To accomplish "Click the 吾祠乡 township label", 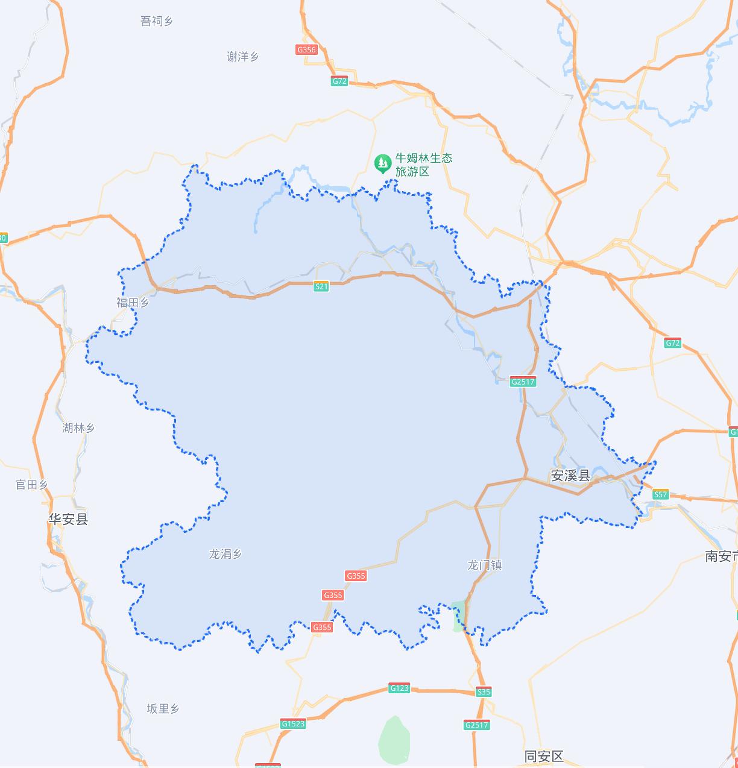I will tap(156, 22).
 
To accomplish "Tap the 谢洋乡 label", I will tap(242, 57).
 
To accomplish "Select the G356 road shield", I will tap(307, 49).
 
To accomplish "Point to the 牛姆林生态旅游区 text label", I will tap(423, 165).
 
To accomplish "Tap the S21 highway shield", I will tap(321, 286).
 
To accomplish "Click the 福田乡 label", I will tap(133, 303).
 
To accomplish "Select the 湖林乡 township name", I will tap(78, 428).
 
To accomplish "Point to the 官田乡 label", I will tap(31, 485).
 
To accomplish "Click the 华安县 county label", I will tap(68, 519).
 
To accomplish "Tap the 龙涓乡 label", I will tap(225, 554).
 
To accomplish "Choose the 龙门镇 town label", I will tap(485, 565).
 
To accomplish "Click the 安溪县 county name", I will tap(570, 476).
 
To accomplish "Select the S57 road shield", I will tap(661, 494).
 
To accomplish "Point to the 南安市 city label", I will tap(721, 556).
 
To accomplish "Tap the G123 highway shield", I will tap(399, 688).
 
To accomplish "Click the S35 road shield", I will tap(484, 692).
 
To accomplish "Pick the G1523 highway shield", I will tap(293, 724).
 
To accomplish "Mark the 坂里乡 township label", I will tap(163, 709).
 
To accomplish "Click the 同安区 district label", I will tap(544, 757).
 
